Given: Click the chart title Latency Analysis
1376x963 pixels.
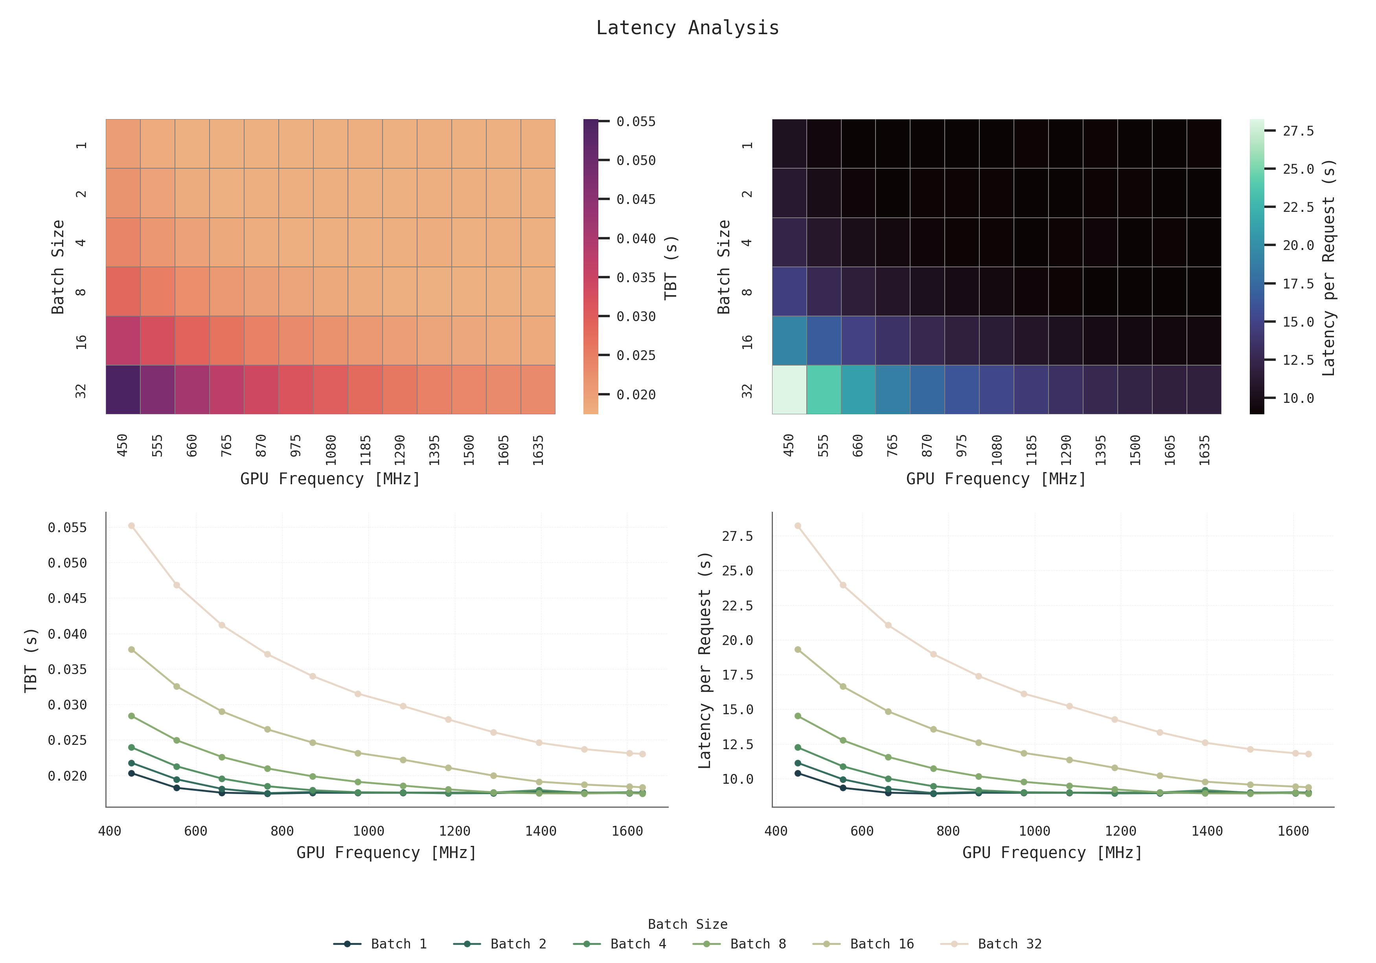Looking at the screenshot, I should (x=687, y=28).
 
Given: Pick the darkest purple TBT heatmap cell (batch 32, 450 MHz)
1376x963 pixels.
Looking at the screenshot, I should (x=123, y=390).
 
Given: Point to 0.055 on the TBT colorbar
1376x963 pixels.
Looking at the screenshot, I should (x=636, y=121).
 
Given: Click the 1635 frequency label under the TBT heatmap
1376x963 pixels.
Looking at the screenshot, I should (x=538, y=449).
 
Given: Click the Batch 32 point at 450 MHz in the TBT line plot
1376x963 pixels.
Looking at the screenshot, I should (x=131, y=526).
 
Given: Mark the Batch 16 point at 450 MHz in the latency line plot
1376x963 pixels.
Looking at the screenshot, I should (x=798, y=650).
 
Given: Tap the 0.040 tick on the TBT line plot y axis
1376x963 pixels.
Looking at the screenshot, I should (x=67, y=634).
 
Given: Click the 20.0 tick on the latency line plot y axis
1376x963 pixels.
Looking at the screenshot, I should (x=737, y=640).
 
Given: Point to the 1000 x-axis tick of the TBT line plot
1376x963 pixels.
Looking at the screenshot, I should (x=368, y=831).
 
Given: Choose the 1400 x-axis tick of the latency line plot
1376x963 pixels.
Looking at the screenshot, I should (x=1207, y=831).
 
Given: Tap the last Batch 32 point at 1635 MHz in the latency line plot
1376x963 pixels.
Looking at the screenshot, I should (x=1308, y=754).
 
